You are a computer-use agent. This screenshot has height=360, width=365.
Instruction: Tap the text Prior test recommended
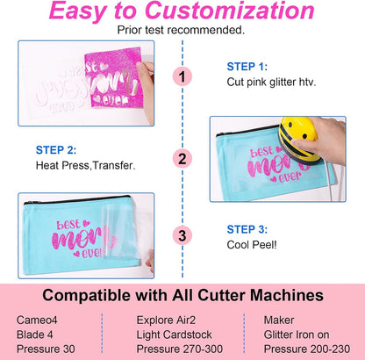[182, 30]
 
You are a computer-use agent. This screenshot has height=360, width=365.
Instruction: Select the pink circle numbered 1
[182, 77]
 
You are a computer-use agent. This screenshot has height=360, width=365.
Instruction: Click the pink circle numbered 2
[182, 159]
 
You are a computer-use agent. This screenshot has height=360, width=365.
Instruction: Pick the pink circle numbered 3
[182, 234]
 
